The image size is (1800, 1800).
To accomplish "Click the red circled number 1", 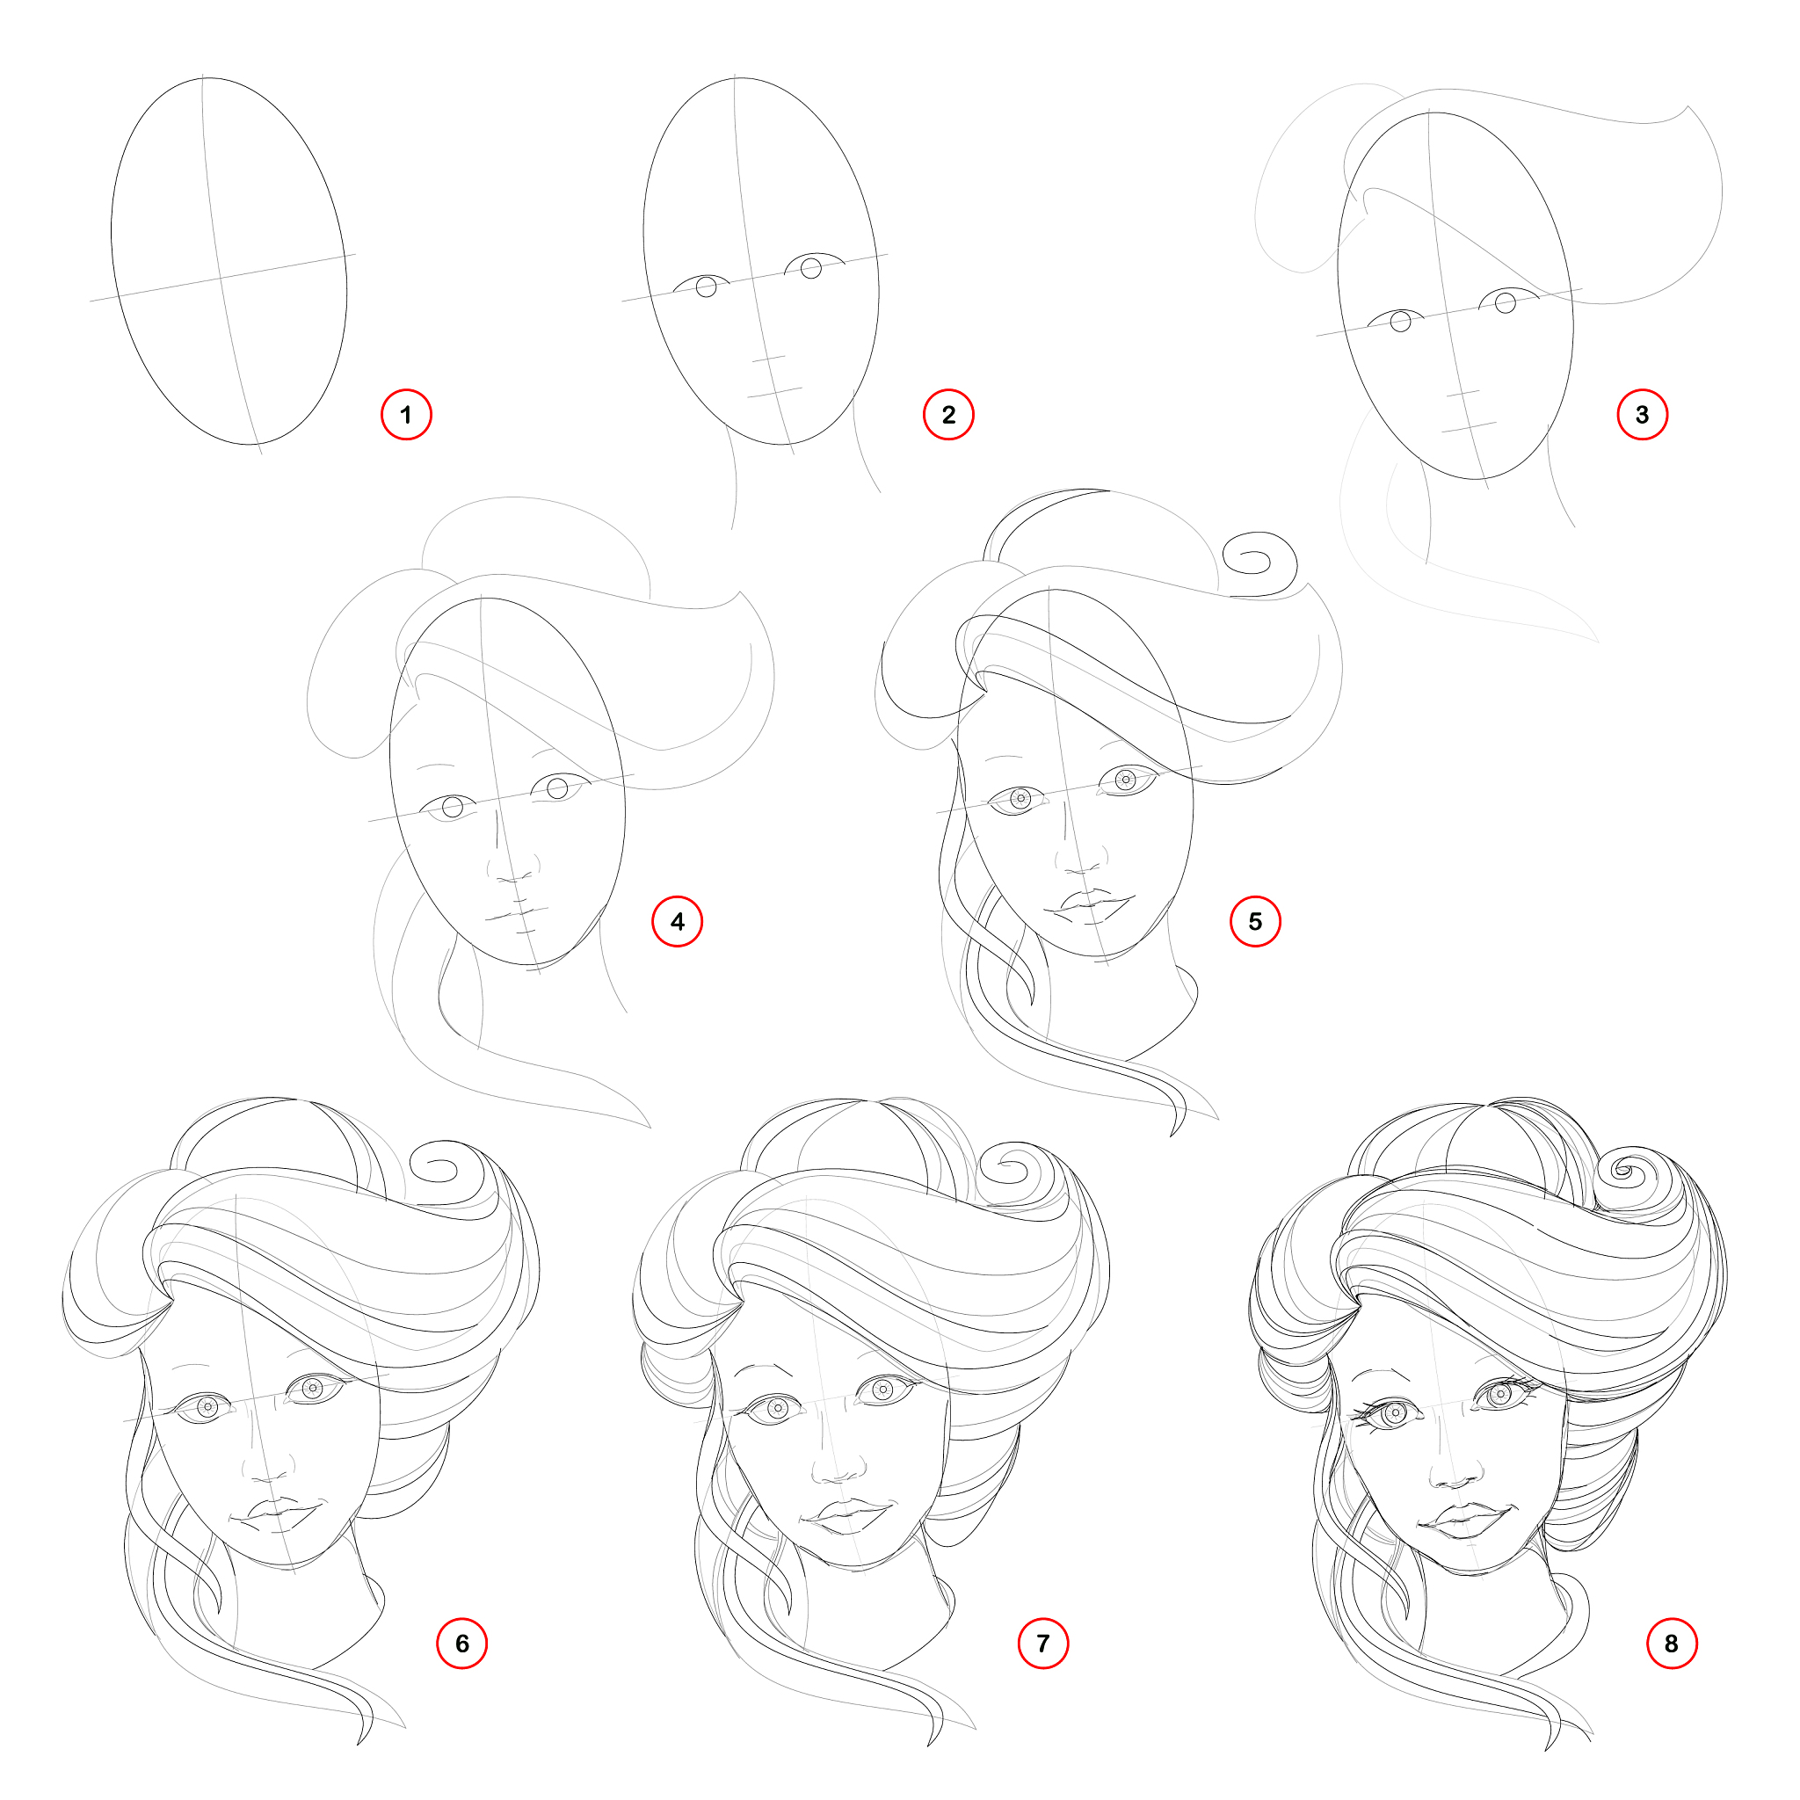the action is (406, 415).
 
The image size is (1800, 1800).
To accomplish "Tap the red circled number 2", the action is (948, 415).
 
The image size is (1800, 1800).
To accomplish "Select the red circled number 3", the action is (1643, 415).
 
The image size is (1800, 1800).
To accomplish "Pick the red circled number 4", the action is (678, 921).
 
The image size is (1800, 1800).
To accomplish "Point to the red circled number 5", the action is (1255, 921).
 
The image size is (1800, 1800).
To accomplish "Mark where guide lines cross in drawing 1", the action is (220, 277).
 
